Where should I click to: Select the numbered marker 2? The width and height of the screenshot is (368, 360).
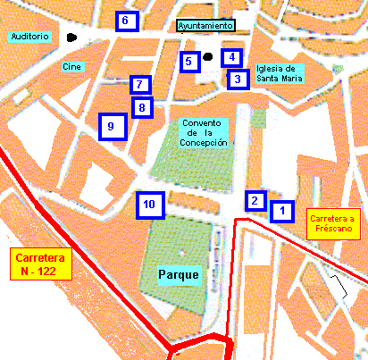pos(256,201)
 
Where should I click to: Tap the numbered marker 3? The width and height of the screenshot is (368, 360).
pos(237,80)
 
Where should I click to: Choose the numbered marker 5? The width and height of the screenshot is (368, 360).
pos(188,62)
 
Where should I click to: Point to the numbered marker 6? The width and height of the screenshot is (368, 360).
pos(126,21)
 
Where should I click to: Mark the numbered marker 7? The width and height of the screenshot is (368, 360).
pos(140,85)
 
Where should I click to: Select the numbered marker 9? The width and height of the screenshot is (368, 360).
pos(111,127)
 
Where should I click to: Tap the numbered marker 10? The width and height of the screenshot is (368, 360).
pos(149,205)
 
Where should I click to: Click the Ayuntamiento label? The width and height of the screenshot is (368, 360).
pos(206,26)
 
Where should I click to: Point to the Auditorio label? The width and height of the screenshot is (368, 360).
pos(29,37)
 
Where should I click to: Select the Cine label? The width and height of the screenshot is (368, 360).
pos(72,66)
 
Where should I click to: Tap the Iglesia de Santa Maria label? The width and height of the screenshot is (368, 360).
pos(279,73)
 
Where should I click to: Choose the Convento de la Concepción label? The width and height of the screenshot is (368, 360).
pos(204,132)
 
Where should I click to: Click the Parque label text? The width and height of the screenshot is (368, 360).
pos(179,274)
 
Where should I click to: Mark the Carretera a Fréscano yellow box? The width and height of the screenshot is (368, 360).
pos(332,224)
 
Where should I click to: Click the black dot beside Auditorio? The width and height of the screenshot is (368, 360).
pos(71,38)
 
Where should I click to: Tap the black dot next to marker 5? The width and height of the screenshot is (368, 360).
pos(207,58)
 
